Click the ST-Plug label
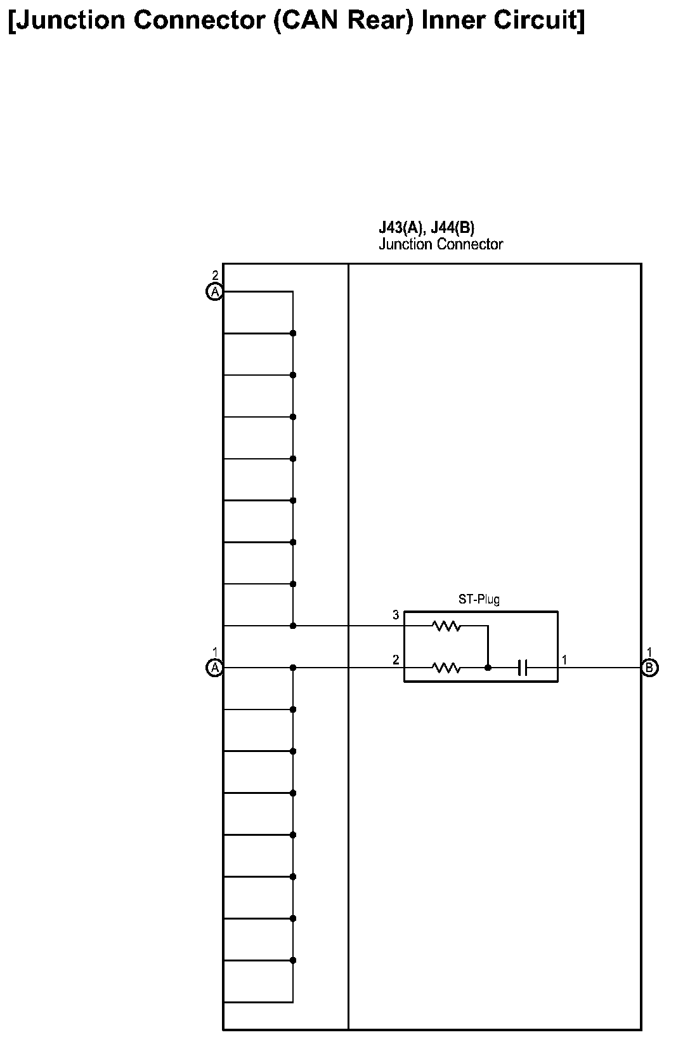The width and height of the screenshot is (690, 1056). (479, 599)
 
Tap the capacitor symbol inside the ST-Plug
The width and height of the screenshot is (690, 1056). (523, 668)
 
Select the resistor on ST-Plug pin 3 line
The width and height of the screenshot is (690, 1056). (446, 626)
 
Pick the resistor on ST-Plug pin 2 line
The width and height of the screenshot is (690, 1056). (446, 668)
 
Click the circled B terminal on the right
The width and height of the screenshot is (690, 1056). (649, 668)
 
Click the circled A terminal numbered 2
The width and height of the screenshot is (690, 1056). (215, 292)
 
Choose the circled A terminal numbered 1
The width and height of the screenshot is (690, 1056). (215, 668)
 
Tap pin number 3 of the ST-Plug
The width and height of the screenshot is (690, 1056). (396, 615)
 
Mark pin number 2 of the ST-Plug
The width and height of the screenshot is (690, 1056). (396, 660)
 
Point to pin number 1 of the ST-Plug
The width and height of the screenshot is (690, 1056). (564, 660)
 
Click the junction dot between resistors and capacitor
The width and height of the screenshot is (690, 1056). (488, 668)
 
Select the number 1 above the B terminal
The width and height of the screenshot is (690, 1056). (649, 652)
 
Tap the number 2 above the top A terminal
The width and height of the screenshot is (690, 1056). (215, 275)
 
